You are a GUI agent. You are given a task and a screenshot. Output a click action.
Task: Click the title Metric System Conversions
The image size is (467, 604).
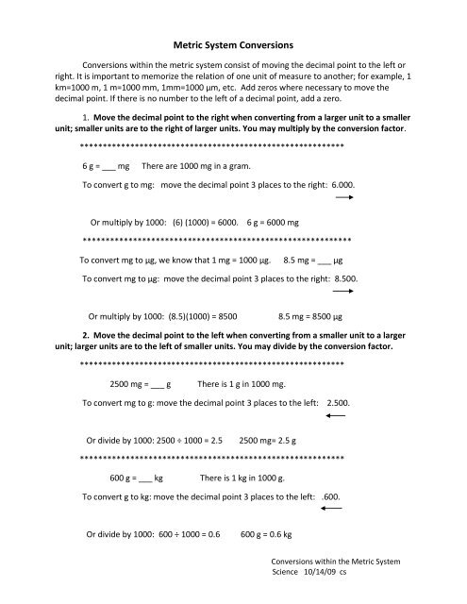pos(233,43)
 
